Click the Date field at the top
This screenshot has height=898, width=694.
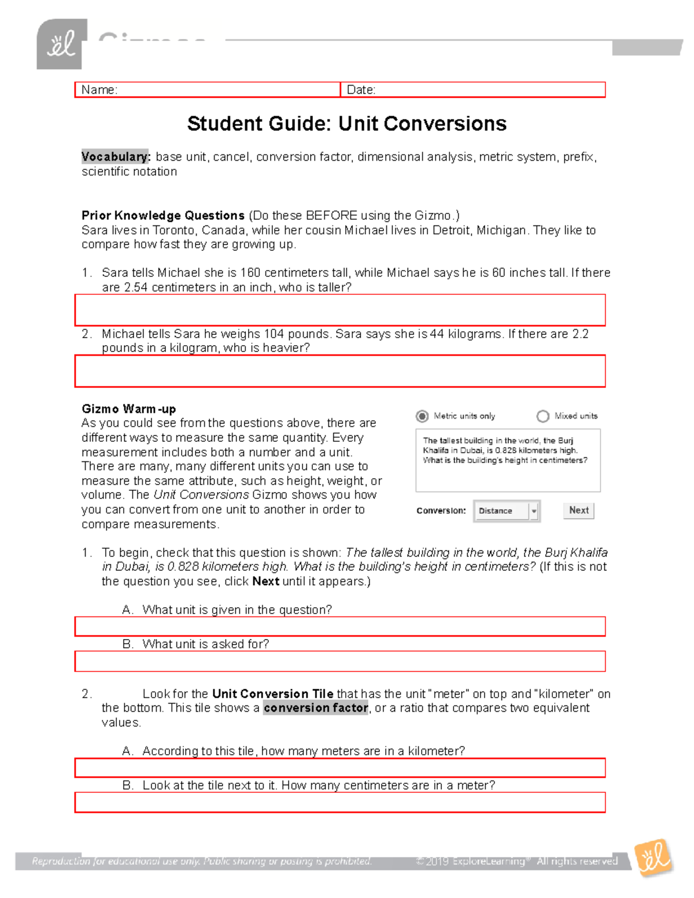472,90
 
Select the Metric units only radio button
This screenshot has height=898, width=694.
422,416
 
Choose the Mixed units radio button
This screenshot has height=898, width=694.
542,416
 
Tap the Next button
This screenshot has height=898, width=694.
578,510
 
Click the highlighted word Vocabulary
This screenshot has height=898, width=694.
115,157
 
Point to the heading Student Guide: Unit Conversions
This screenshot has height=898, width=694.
346,124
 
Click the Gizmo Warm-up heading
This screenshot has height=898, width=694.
128,409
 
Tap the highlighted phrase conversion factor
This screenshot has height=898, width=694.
316,708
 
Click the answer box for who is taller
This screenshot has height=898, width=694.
340,310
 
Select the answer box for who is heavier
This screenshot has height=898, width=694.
340,371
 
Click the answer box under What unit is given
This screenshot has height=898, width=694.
340,626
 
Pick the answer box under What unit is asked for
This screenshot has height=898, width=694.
340,661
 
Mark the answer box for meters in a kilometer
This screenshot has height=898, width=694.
340,768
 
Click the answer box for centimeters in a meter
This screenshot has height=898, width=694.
340,803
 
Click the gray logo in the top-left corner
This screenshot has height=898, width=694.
61,45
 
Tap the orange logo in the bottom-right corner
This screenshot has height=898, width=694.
654,858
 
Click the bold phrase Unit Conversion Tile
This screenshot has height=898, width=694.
272,693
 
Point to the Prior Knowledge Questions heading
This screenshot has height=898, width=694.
163,216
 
